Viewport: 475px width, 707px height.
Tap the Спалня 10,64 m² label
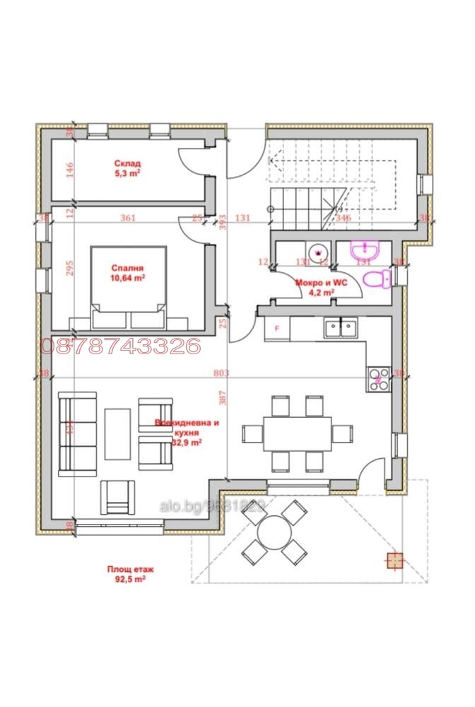click(x=128, y=273)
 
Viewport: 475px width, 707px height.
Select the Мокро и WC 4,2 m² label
click(x=315, y=286)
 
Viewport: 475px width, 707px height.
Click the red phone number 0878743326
click(x=121, y=346)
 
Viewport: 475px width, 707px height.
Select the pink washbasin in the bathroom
click(x=365, y=250)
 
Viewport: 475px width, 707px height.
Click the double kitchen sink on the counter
click(x=340, y=327)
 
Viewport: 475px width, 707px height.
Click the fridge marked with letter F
click(x=276, y=328)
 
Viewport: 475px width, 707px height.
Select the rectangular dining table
click(x=297, y=433)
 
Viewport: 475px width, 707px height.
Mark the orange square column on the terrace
click(x=394, y=560)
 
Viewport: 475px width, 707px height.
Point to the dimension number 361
click(x=128, y=218)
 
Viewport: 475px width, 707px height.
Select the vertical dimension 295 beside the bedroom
click(x=69, y=274)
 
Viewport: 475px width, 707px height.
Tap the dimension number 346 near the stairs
click(x=343, y=218)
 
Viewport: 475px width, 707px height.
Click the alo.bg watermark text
click(x=211, y=506)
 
